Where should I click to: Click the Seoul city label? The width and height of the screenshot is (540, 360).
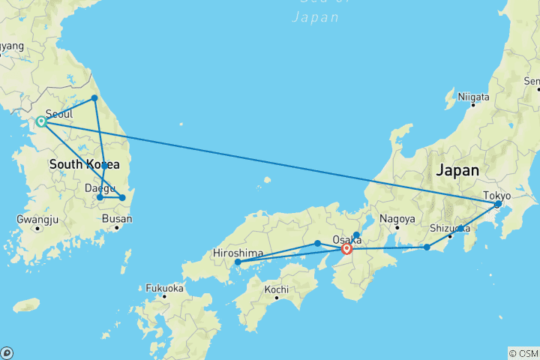tap(59, 113)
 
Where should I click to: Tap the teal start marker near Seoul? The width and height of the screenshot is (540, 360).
tap(41, 121)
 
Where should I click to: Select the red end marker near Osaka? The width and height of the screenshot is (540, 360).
tap(346, 249)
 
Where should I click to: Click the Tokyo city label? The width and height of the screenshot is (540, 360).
tap(496, 195)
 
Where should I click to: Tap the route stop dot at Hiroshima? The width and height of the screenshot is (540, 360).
tap(238, 262)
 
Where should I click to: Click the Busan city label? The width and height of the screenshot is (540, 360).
tap(118, 219)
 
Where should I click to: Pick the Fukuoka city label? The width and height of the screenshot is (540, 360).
tap(164, 287)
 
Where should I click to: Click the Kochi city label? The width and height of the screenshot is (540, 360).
tap(276, 289)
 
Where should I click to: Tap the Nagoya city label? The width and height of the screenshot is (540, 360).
tap(397, 219)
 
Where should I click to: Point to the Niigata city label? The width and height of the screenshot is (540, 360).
tap(474, 97)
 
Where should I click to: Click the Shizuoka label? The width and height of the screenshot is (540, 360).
tap(450, 228)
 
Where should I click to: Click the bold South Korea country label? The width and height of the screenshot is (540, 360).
tap(84, 164)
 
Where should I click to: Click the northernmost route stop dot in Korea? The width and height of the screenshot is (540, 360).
tap(94, 98)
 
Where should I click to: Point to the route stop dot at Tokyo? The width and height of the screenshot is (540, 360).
tap(498, 204)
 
